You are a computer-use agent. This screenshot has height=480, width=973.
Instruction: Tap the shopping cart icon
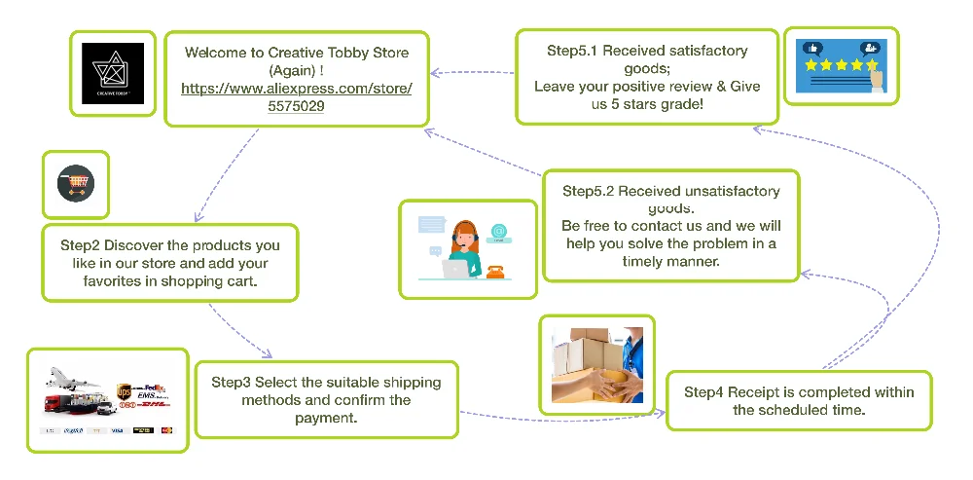(76, 183)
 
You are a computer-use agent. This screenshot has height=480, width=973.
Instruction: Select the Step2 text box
(169, 263)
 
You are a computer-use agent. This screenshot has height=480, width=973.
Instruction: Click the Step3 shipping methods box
(326, 399)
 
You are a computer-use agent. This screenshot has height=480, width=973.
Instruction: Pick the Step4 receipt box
(799, 400)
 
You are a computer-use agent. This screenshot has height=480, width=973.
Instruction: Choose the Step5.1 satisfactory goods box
(647, 76)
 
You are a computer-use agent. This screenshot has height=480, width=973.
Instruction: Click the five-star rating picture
(842, 65)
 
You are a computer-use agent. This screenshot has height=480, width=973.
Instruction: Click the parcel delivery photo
(597, 364)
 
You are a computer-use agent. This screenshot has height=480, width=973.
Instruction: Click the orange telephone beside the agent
(498, 271)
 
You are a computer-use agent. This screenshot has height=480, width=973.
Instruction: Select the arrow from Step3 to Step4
(562, 417)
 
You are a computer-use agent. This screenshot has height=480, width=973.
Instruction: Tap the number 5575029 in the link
(296, 106)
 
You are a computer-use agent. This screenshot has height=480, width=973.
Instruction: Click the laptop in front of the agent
(454, 268)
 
